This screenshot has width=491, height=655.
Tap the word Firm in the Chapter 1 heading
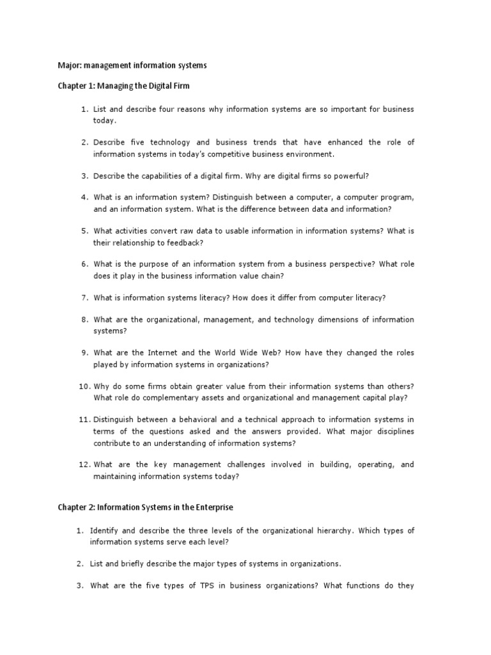tap(180, 86)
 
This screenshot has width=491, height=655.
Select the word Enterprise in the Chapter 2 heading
tap(212, 507)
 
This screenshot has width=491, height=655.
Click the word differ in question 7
tap(297, 297)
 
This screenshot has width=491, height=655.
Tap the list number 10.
tap(84, 386)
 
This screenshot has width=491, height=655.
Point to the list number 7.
tap(84, 297)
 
